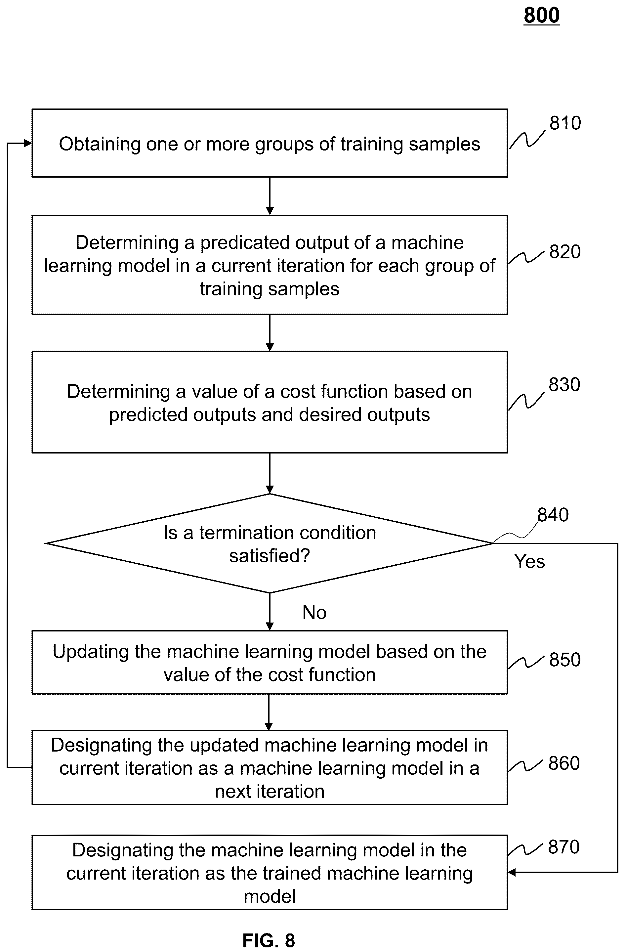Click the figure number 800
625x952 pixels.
(x=541, y=16)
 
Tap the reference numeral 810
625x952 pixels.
(x=565, y=123)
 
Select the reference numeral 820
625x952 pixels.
(x=564, y=252)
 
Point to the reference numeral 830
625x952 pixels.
(x=564, y=384)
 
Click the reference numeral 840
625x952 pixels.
(x=553, y=514)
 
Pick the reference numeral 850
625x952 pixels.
(x=564, y=660)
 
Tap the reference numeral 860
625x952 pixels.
(x=564, y=763)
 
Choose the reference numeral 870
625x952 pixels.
(x=564, y=847)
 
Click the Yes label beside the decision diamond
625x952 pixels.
(x=529, y=561)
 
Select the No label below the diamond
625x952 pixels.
(x=314, y=612)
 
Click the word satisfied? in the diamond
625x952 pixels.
(x=270, y=556)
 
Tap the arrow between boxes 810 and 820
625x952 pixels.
(x=270, y=196)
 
